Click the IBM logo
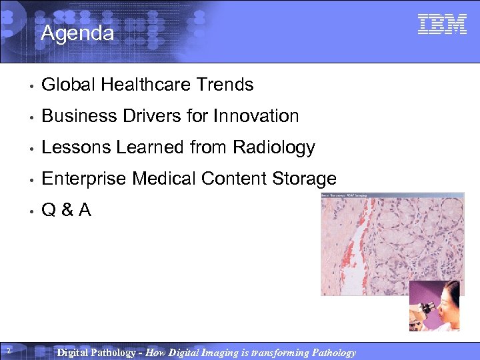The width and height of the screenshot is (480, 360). click(442, 24)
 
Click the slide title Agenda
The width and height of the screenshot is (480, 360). click(77, 33)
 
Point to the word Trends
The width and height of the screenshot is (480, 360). click(225, 85)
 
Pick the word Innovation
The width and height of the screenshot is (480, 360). click(256, 116)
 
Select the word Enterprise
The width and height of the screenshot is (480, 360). click(84, 179)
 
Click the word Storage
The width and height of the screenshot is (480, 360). click(304, 179)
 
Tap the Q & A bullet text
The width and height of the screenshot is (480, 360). click(66, 210)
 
